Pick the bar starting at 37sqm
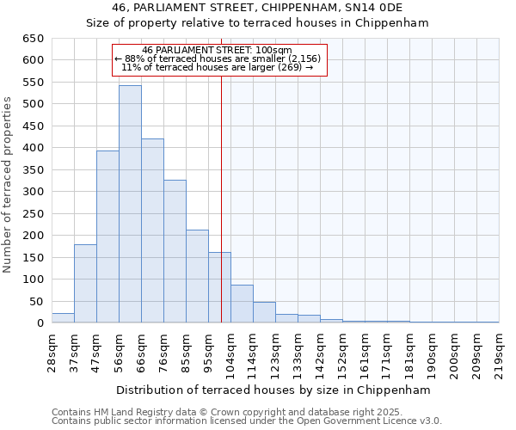[85, 284]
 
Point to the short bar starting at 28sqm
[63, 318]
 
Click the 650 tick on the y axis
[34, 39]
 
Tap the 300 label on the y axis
[34, 192]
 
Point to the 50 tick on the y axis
[37, 302]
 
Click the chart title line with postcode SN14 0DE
[257, 8]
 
